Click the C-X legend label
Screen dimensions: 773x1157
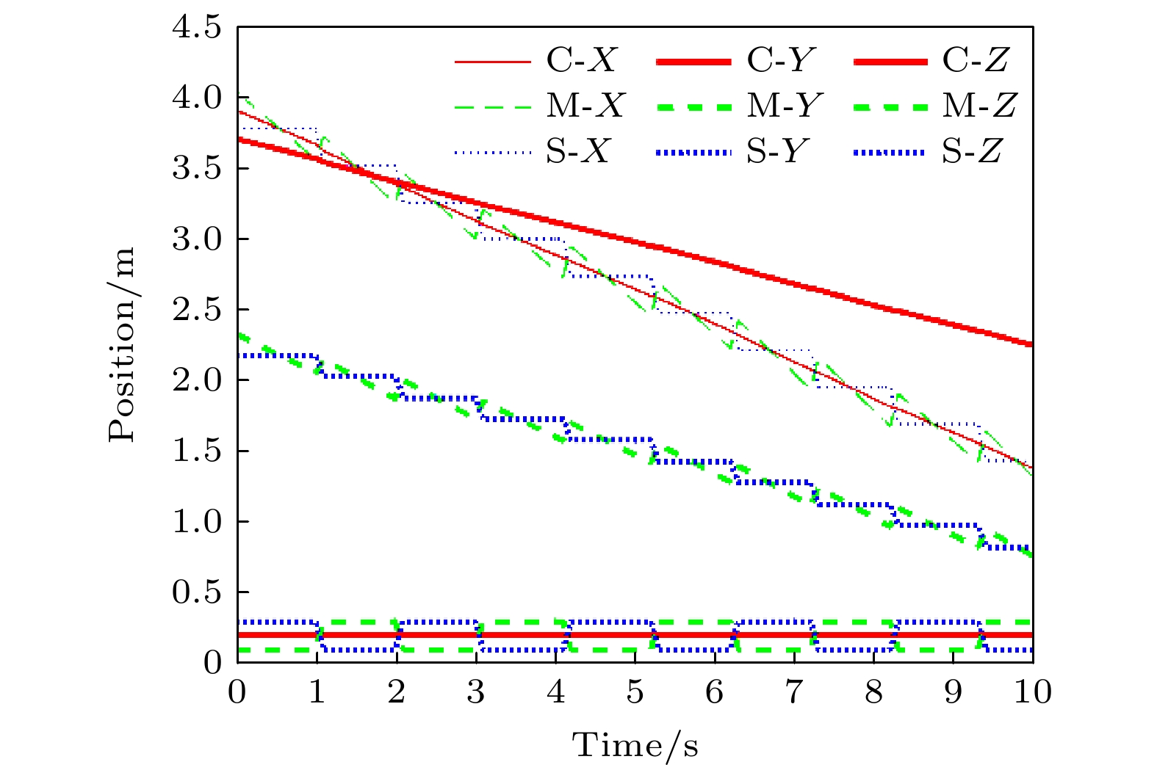tap(581, 60)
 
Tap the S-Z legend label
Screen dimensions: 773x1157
tap(972, 153)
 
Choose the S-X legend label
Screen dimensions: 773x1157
tap(578, 153)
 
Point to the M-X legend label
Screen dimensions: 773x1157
tap(584, 106)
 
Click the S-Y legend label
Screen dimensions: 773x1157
tap(777, 153)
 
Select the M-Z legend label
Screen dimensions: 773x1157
tap(978, 106)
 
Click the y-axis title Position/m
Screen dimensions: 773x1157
tap(123, 344)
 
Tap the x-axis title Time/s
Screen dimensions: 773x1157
tap(635, 745)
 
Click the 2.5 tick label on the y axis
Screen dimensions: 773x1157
tap(196, 311)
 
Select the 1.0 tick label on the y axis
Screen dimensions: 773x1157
tap(196, 522)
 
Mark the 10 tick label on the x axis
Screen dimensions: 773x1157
tap(1033, 692)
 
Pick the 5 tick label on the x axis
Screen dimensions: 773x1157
tap(635, 692)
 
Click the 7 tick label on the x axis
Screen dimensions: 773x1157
tap(794, 692)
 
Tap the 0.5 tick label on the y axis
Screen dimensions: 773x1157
tap(196, 592)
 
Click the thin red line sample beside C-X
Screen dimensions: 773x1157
tap(492, 62)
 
